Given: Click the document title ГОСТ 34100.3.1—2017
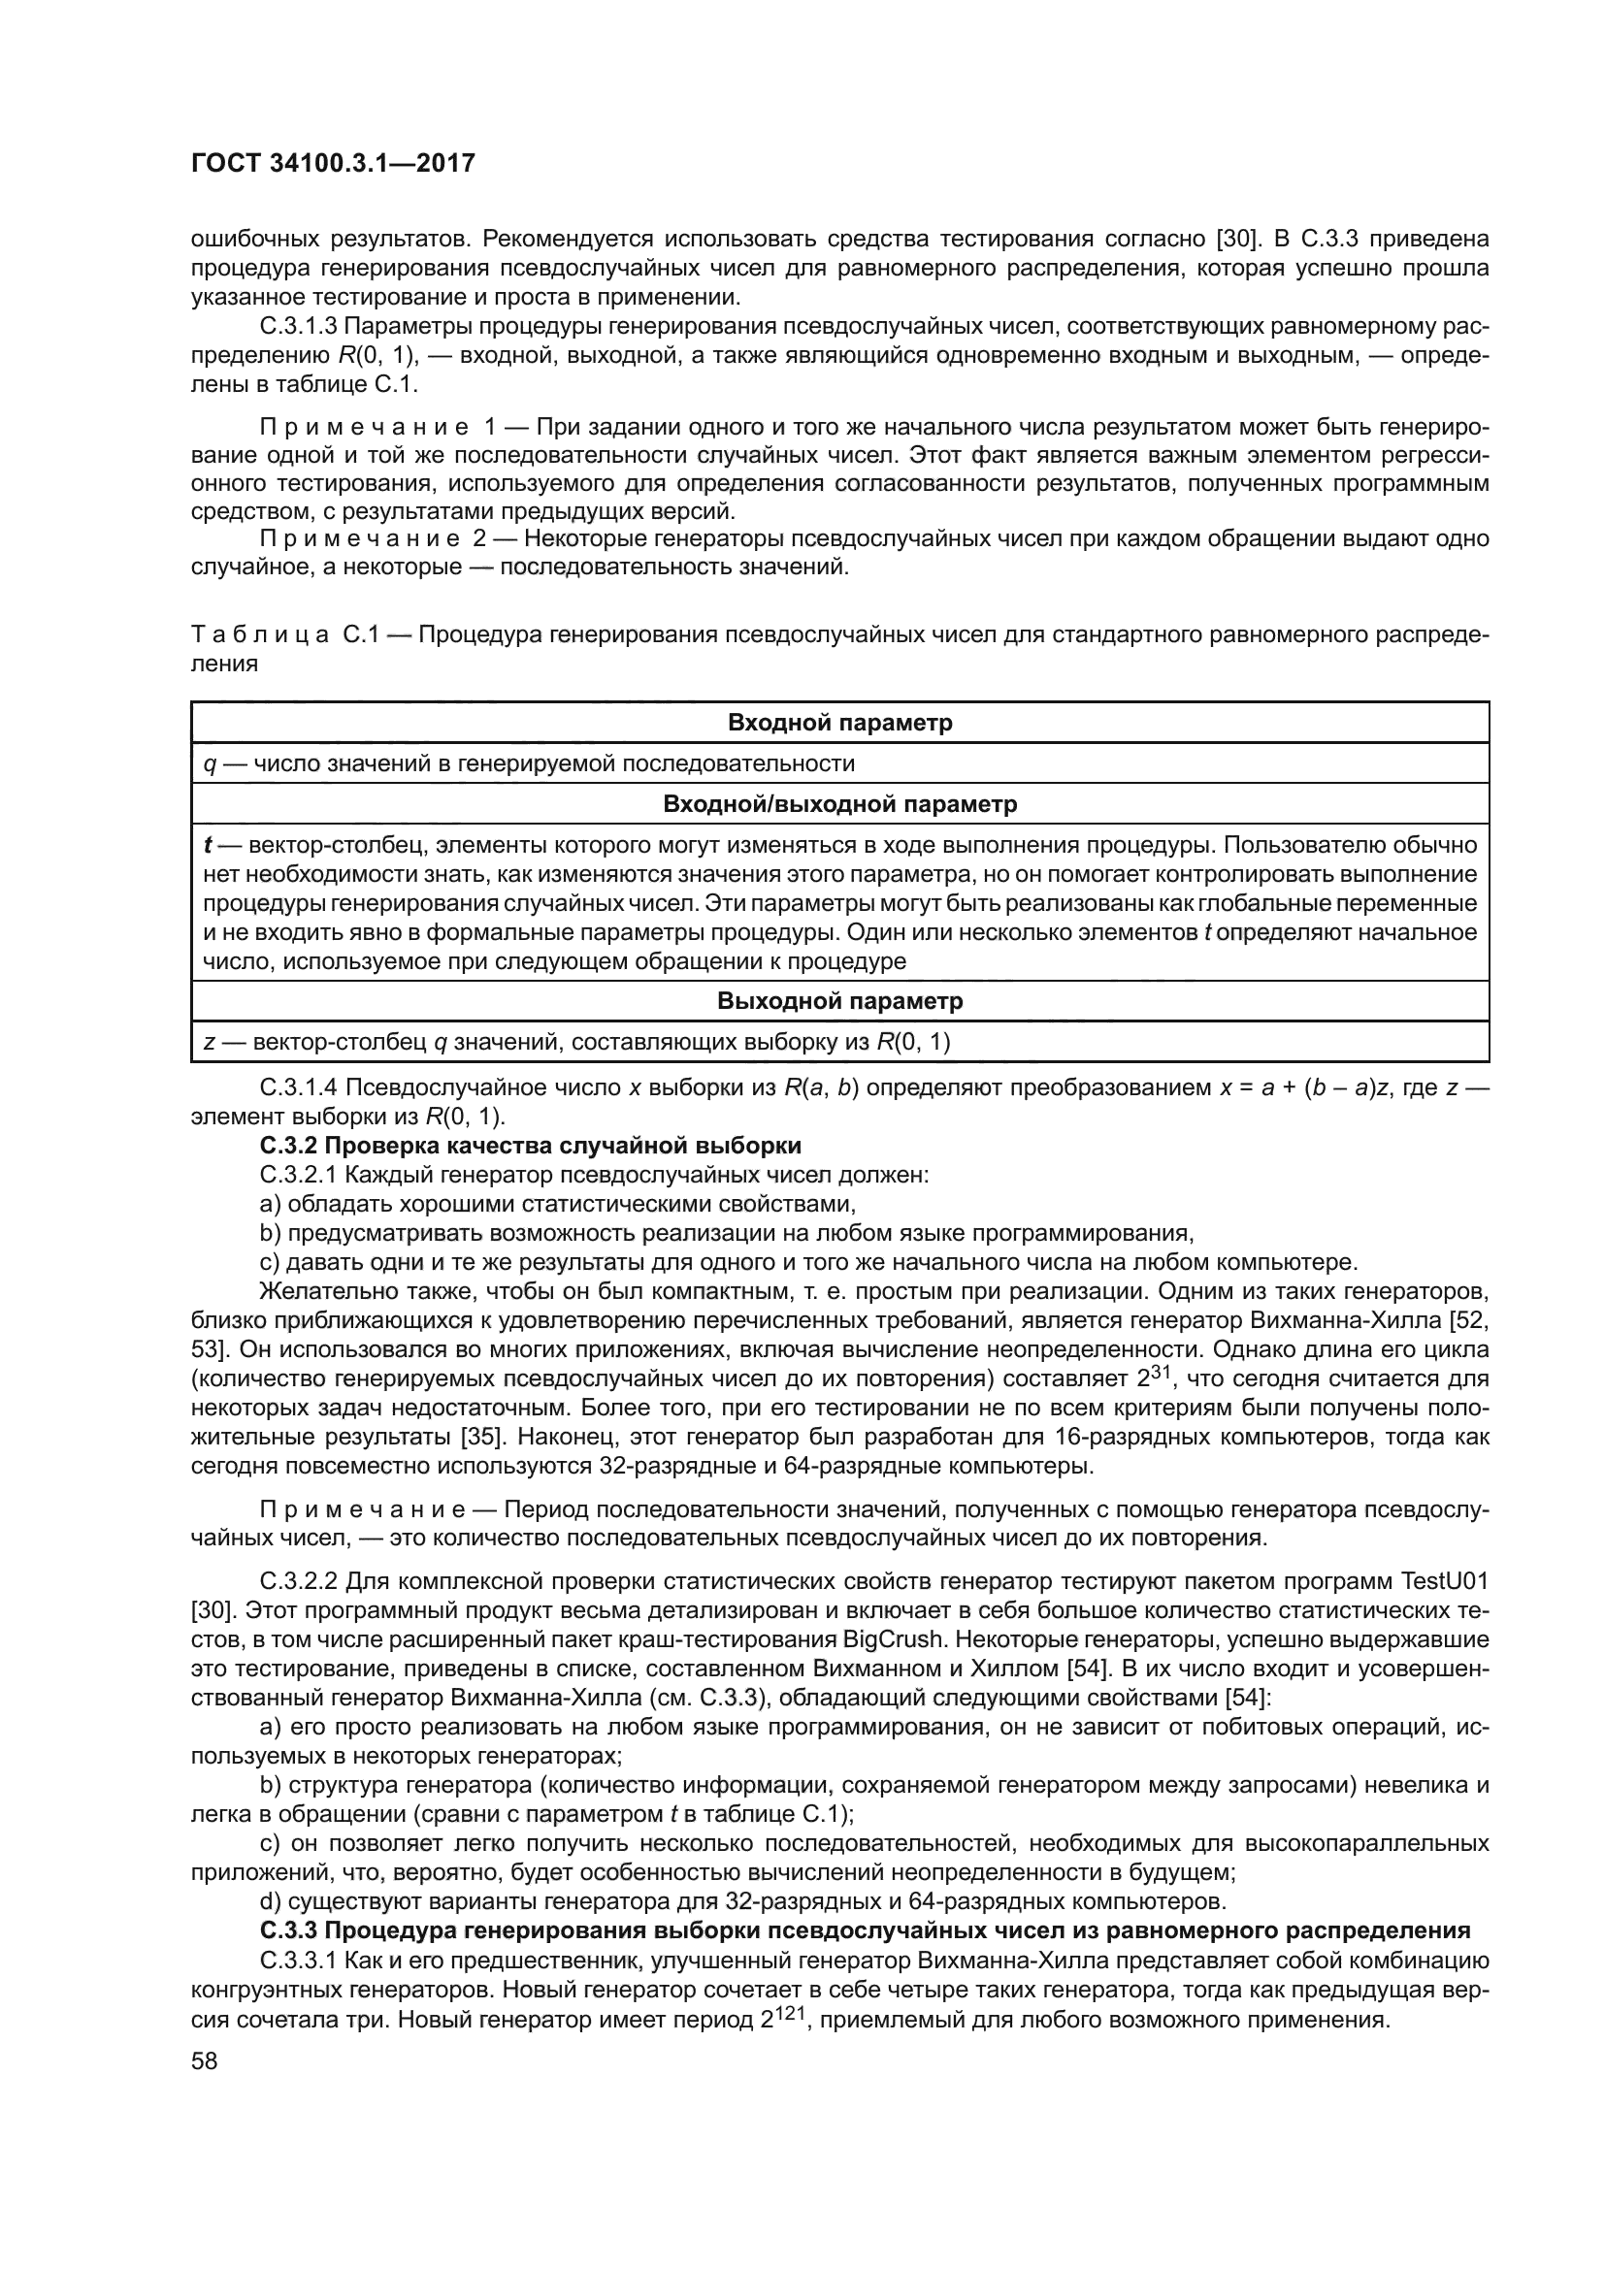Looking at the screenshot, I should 333,163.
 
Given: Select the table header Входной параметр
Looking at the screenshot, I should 839,723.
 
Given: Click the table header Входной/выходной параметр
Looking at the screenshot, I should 839,803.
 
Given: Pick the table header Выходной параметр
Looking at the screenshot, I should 839,1001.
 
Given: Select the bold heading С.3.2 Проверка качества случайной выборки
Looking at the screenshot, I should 530,1146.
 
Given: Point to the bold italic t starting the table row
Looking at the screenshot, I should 210,845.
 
